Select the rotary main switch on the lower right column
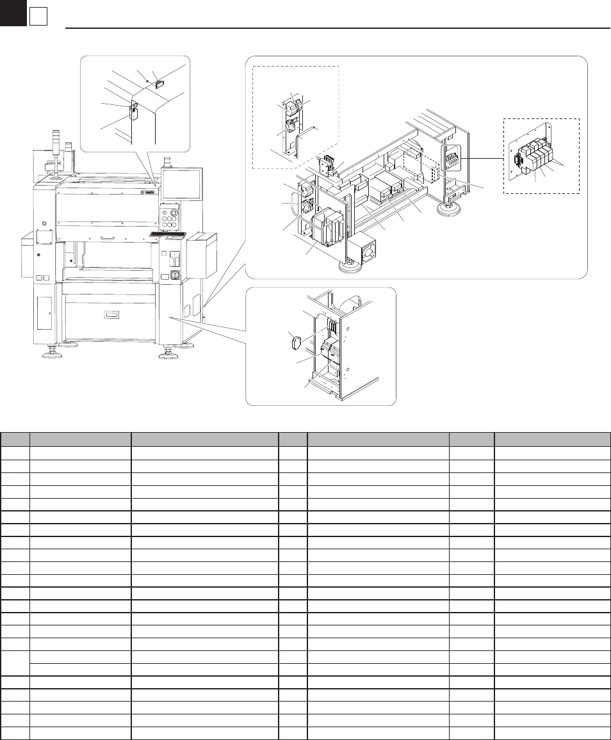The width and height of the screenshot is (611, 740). pyautogui.click(x=173, y=276)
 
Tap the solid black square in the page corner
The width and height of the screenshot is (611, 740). pyautogui.click(x=12, y=13)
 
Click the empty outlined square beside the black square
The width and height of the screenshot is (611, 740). pyautogui.click(x=38, y=18)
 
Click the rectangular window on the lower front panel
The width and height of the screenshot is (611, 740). pyautogui.click(x=111, y=315)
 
